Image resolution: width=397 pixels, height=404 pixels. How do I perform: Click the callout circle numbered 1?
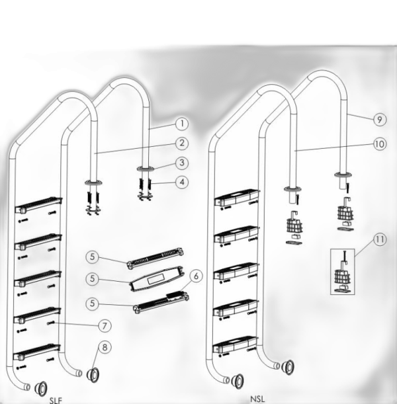pyautogui.click(x=182, y=124)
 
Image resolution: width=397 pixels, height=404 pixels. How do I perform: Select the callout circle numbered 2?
pyautogui.click(x=182, y=143)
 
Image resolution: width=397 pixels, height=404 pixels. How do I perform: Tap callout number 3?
pyautogui.click(x=182, y=163)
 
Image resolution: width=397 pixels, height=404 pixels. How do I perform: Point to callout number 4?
pyautogui.click(x=182, y=182)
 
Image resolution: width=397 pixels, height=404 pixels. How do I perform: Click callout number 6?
pyautogui.click(x=196, y=276)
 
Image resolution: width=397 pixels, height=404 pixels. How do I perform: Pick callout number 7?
pyautogui.click(x=105, y=326)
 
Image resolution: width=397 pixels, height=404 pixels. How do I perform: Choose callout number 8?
pyautogui.click(x=105, y=347)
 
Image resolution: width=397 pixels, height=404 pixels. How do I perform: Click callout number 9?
pyautogui.click(x=380, y=120)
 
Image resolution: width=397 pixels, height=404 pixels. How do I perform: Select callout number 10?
pyautogui.click(x=380, y=144)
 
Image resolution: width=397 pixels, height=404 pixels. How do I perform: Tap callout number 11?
pyautogui.click(x=380, y=239)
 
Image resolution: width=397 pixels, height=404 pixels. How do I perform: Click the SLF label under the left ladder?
pyautogui.click(x=56, y=401)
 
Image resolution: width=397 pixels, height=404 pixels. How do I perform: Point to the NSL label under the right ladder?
pyautogui.click(x=257, y=399)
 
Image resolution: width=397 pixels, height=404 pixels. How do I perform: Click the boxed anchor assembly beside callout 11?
pyautogui.click(x=343, y=272)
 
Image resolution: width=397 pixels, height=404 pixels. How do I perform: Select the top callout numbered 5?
pyautogui.click(x=92, y=257)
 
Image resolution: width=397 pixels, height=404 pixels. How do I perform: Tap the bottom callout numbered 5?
pyautogui.click(x=92, y=303)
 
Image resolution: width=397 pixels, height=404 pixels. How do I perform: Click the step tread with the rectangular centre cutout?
pyautogui.click(x=157, y=279)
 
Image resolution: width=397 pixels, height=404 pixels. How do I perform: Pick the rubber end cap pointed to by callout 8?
pyautogui.click(x=92, y=375)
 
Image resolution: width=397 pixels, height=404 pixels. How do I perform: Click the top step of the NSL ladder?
pyautogui.click(x=236, y=197)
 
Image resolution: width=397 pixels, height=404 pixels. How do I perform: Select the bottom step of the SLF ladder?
pyautogui.click(x=37, y=352)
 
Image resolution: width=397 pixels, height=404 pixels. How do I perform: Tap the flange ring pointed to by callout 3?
pyautogui.click(x=146, y=169)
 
